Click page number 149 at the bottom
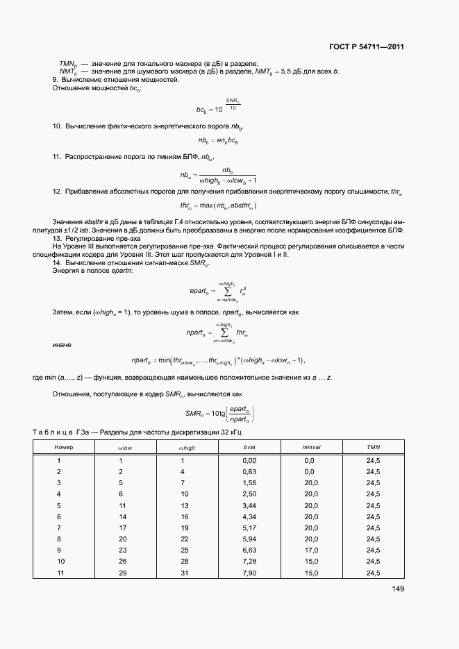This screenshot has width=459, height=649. pos(397,589)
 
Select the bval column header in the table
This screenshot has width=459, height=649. pos(249,448)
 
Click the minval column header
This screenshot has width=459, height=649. pos(310,448)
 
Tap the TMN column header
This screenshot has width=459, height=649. pos(373,448)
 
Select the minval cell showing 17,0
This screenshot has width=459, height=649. pos(310,549)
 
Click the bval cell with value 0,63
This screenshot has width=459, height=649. pos(249,471)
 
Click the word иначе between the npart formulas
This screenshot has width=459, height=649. pos(62,345)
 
